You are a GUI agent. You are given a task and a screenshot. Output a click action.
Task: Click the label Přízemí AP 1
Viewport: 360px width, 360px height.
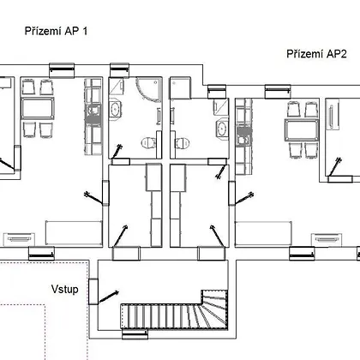(56, 31)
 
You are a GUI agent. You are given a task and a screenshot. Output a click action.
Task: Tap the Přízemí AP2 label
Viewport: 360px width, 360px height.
(316, 54)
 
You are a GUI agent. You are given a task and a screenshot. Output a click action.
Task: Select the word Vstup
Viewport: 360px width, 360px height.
(65, 289)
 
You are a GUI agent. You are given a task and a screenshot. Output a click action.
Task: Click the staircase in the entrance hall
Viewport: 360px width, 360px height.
(174, 310)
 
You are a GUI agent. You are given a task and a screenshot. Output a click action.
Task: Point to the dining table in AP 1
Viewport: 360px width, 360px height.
(38, 109)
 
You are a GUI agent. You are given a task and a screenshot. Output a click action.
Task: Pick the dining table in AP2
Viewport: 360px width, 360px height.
(302, 130)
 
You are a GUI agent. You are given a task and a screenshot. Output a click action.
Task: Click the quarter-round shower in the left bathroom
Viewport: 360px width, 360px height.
(148, 89)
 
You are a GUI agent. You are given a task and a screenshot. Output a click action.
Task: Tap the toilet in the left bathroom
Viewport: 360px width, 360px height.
(148, 142)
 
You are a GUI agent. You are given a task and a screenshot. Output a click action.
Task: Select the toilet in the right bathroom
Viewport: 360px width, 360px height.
(183, 142)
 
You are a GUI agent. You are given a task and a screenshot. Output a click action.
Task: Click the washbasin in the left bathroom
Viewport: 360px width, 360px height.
(115, 110)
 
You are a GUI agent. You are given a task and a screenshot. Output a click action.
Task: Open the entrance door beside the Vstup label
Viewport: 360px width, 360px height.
(93, 291)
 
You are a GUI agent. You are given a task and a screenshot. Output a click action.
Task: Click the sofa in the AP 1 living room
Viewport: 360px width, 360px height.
(74, 233)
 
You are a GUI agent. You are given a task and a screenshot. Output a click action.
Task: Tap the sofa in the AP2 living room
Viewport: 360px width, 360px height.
(263, 233)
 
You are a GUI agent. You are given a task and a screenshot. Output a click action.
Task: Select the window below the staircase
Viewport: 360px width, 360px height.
(135, 334)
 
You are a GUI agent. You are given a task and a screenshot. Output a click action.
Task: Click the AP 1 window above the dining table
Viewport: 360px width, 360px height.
(62, 70)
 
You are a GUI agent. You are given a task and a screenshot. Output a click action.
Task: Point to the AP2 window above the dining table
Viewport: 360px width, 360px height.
(278, 92)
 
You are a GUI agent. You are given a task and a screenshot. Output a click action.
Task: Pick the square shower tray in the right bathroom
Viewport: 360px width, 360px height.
(180, 88)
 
